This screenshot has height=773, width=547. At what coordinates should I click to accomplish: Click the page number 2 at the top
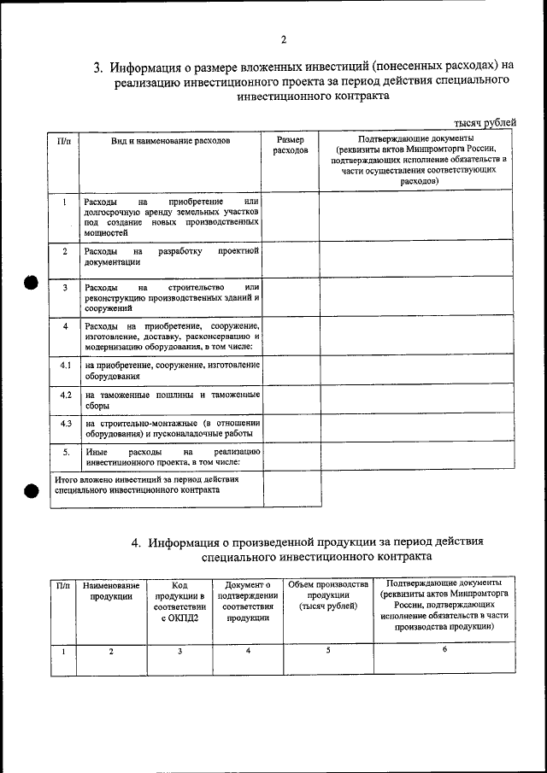pyautogui.click(x=283, y=39)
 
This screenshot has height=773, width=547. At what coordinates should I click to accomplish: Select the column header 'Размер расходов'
pyautogui.click(x=291, y=144)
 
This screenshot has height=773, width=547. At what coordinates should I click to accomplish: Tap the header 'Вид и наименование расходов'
pyautogui.click(x=171, y=139)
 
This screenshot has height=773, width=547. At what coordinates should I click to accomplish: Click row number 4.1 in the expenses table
pyautogui.click(x=65, y=366)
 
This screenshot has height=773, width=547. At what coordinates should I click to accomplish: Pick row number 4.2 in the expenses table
pyautogui.click(x=65, y=395)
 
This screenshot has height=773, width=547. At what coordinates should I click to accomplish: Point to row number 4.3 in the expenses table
pyautogui.click(x=65, y=423)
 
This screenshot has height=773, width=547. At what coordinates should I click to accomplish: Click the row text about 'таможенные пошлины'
pyautogui.click(x=172, y=401)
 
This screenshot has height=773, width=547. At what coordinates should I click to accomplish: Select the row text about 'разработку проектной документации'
pyautogui.click(x=172, y=257)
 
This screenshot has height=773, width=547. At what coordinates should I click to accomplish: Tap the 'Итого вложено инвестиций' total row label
pyautogui.click(x=146, y=485)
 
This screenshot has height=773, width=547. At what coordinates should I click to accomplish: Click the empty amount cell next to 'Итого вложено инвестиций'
pyautogui.click(x=291, y=489)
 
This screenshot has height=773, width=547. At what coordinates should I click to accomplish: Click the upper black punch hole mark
pyautogui.click(x=32, y=284)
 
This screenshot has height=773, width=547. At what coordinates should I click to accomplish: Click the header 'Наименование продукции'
pyautogui.click(x=112, y=591)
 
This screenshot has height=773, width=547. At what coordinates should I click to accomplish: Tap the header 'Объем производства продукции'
pyautogui.click(x=328, y=595)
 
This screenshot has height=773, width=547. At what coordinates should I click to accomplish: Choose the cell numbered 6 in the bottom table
pyautogui.click(x=444, y=650)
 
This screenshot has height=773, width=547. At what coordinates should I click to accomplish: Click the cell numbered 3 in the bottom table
pyautogui.click(x=179, y=652)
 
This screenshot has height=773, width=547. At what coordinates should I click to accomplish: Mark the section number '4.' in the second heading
pyautogui.click(x=137, y=542)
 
